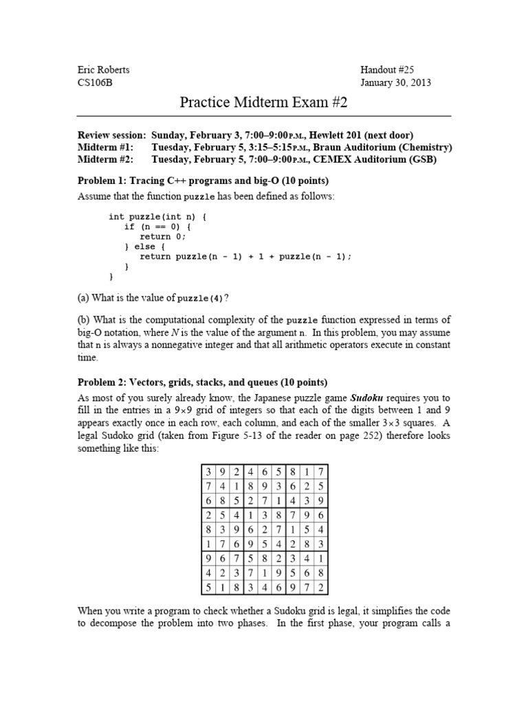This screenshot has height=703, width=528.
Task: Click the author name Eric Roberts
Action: tap(103, 69)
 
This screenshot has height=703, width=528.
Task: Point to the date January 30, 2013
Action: tap(396, 83)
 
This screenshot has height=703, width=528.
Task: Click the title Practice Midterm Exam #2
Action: tap(264, 102)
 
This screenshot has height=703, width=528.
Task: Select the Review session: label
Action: tap(111, 135)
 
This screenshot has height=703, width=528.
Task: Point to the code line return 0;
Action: tap(163, 236)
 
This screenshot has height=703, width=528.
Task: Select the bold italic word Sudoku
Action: tap(367, 397)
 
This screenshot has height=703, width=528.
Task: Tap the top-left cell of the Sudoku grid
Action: tap(207, 472)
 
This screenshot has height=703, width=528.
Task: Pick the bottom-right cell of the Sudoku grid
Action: tap(321, 587)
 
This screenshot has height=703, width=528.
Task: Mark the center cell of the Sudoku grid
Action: tap(264, 529)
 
